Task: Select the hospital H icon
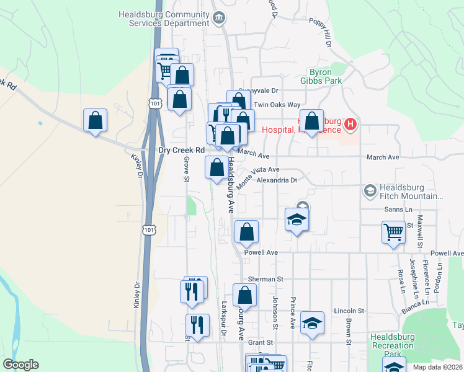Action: [x=350, y=125]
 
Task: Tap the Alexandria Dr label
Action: [x=278, y=180]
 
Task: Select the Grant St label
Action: [x=261, y=342]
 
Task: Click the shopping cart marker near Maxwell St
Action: [x=394, y=233]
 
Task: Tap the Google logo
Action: [x=20, y=365]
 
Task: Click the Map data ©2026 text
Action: [x=437, y=367]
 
